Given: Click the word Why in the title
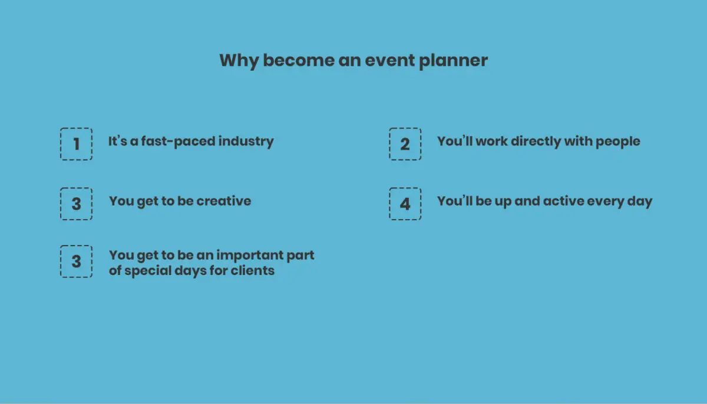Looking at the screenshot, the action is pyautogui.click(x=239, y=61).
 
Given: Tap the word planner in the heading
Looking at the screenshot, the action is pyautogui.click(x=453, y=61).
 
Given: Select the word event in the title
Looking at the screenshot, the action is pyautogui.click(x=389, y=60).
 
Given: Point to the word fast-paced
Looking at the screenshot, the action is pyautogui.click(x=178, y=141).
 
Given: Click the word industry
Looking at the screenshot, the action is pyautogui.click(x=246, y=141).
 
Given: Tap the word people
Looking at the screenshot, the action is pyautogui.click(x=618, y=142).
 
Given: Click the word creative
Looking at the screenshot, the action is pyautogui.click(x=224, y=201).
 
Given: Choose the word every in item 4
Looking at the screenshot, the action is pyautogui.click(x=606, y=202).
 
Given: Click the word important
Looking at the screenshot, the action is pyautogui.click(x=249, y=256).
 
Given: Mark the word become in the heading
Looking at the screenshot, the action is pyautogui.click(x=299, y=60).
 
